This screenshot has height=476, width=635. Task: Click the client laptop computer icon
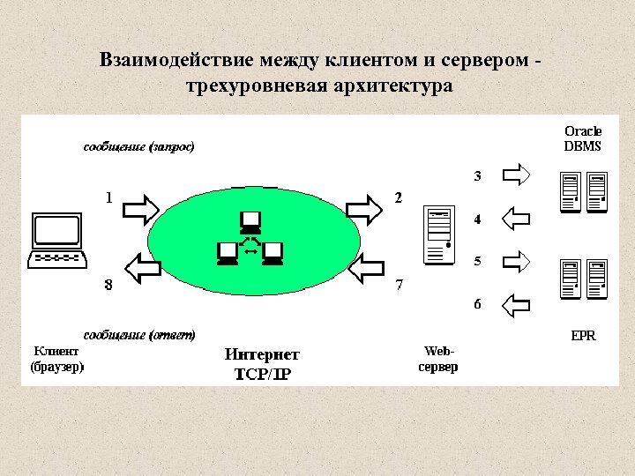click(x=58, y=239)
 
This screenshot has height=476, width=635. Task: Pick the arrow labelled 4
click(x=515, y=217)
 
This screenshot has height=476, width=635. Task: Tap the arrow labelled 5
click(x=515, y=261)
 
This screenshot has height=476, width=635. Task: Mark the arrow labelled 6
click(x=515, y=305)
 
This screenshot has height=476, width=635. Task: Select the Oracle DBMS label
click(x=582, y=138)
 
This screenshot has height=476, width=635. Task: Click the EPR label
click(x=583, y=335)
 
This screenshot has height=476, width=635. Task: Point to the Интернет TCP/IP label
click(x=262, y=363)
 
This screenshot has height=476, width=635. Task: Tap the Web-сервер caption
click(x=437, y=358)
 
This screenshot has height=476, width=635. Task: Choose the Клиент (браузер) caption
click(x=57, y=358)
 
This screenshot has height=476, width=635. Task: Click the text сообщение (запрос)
click(x=138, y=146)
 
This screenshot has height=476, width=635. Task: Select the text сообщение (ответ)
click(x=138, y=335)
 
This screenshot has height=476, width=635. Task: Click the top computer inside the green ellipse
click(x=250, y=220)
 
